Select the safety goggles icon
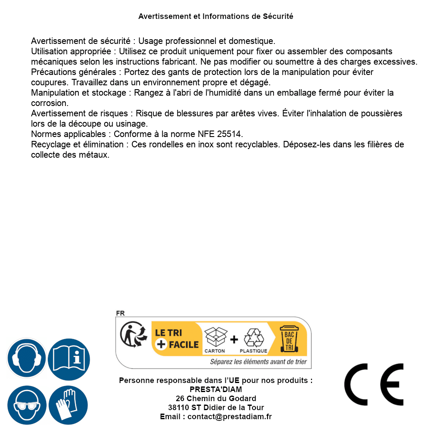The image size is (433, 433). click(27, 405)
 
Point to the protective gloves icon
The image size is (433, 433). click(69, 405)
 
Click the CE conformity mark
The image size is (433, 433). click(374, 384)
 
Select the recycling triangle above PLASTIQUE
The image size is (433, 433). click(253, 338)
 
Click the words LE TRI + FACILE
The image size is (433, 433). click(177, 339)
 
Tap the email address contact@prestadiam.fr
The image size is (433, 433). click(230, 417)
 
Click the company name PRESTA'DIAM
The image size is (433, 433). click(216, 389)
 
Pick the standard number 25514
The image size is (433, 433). click(231, 134)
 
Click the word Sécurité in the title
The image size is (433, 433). click(278, 16)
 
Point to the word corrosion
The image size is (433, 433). click(49, 103)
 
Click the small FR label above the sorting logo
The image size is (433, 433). click(120, 313)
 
